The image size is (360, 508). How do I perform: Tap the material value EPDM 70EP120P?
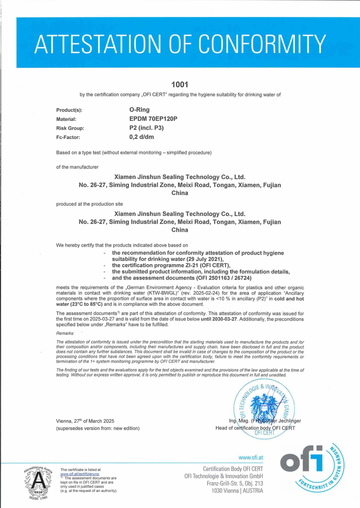[153, 119]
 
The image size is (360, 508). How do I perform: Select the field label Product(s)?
[72, 110]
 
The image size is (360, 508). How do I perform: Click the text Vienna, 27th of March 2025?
[85, 421]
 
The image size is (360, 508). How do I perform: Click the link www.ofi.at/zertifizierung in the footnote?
[80, 474]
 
